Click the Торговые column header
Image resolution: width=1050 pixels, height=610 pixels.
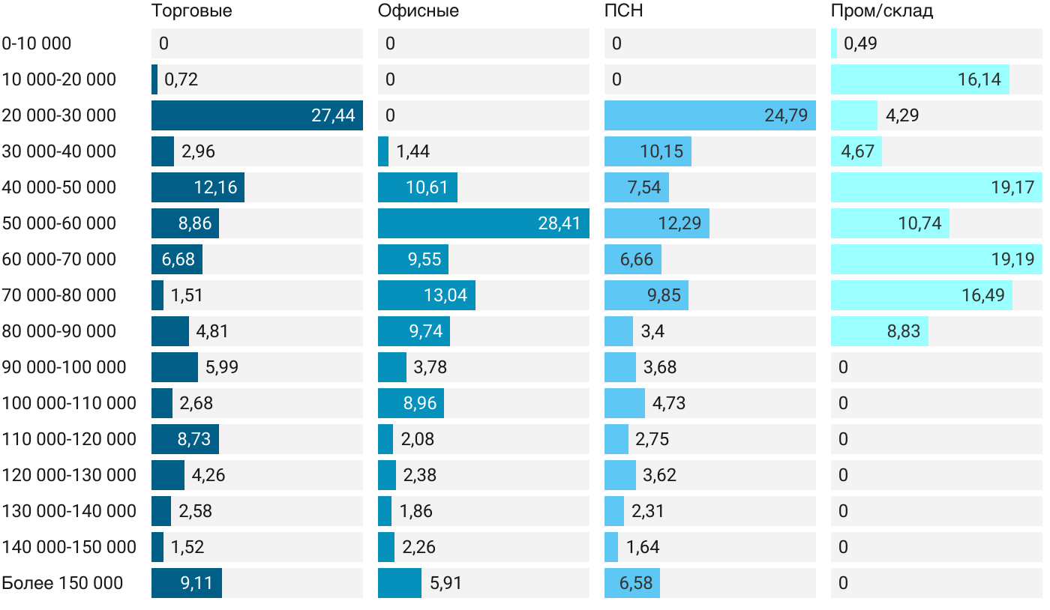[191, 11]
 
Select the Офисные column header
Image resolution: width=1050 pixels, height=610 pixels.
[418, 11]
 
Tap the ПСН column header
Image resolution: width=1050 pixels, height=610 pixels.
[623, 11]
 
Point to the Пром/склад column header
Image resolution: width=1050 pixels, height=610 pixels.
[881, 11]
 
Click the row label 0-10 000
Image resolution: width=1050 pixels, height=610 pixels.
[37, 43]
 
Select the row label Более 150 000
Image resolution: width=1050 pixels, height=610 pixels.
[62, 583]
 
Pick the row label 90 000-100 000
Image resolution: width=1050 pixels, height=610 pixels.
[64, 367]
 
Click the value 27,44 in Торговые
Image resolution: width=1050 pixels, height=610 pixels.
[333, 115]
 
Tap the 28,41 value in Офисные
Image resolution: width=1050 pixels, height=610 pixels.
[559, 223]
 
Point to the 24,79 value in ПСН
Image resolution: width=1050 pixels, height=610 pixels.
[786, 115]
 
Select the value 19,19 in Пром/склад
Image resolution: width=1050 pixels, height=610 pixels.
[1012, 259]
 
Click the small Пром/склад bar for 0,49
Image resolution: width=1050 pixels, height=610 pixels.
[834, 43]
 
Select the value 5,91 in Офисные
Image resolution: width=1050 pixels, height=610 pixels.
[445, 583]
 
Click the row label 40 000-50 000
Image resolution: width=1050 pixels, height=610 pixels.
[59, 187]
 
